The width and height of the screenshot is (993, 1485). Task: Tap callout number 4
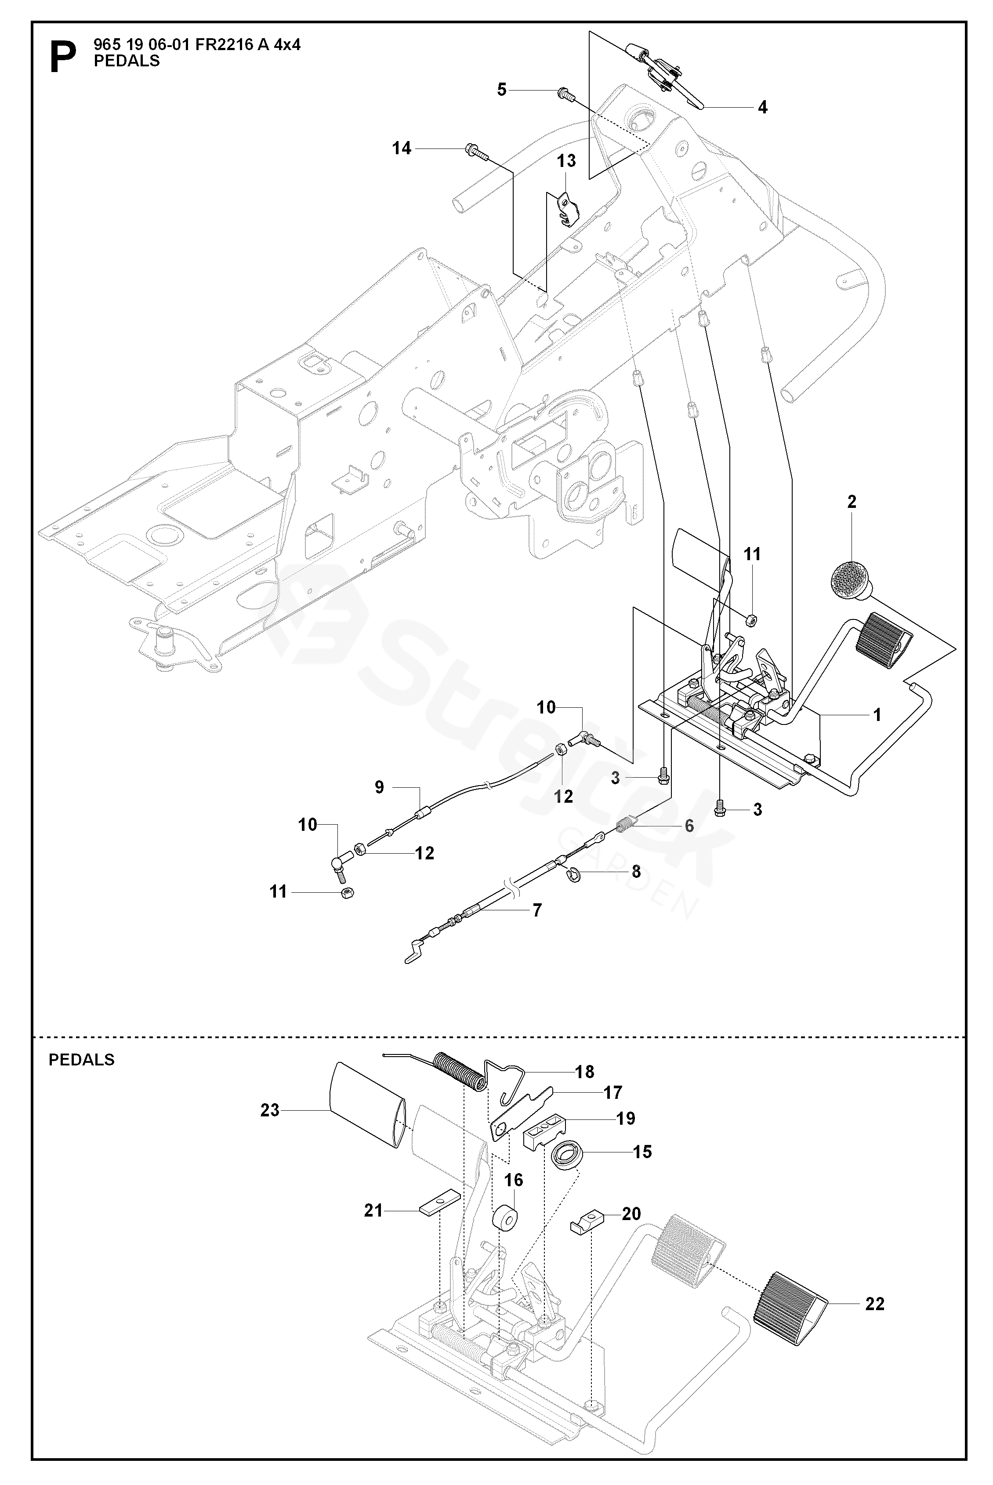762,107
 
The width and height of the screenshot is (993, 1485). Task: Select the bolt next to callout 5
565,94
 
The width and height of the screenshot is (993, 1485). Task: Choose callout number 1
877,715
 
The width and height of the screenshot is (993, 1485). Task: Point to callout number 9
379,787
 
